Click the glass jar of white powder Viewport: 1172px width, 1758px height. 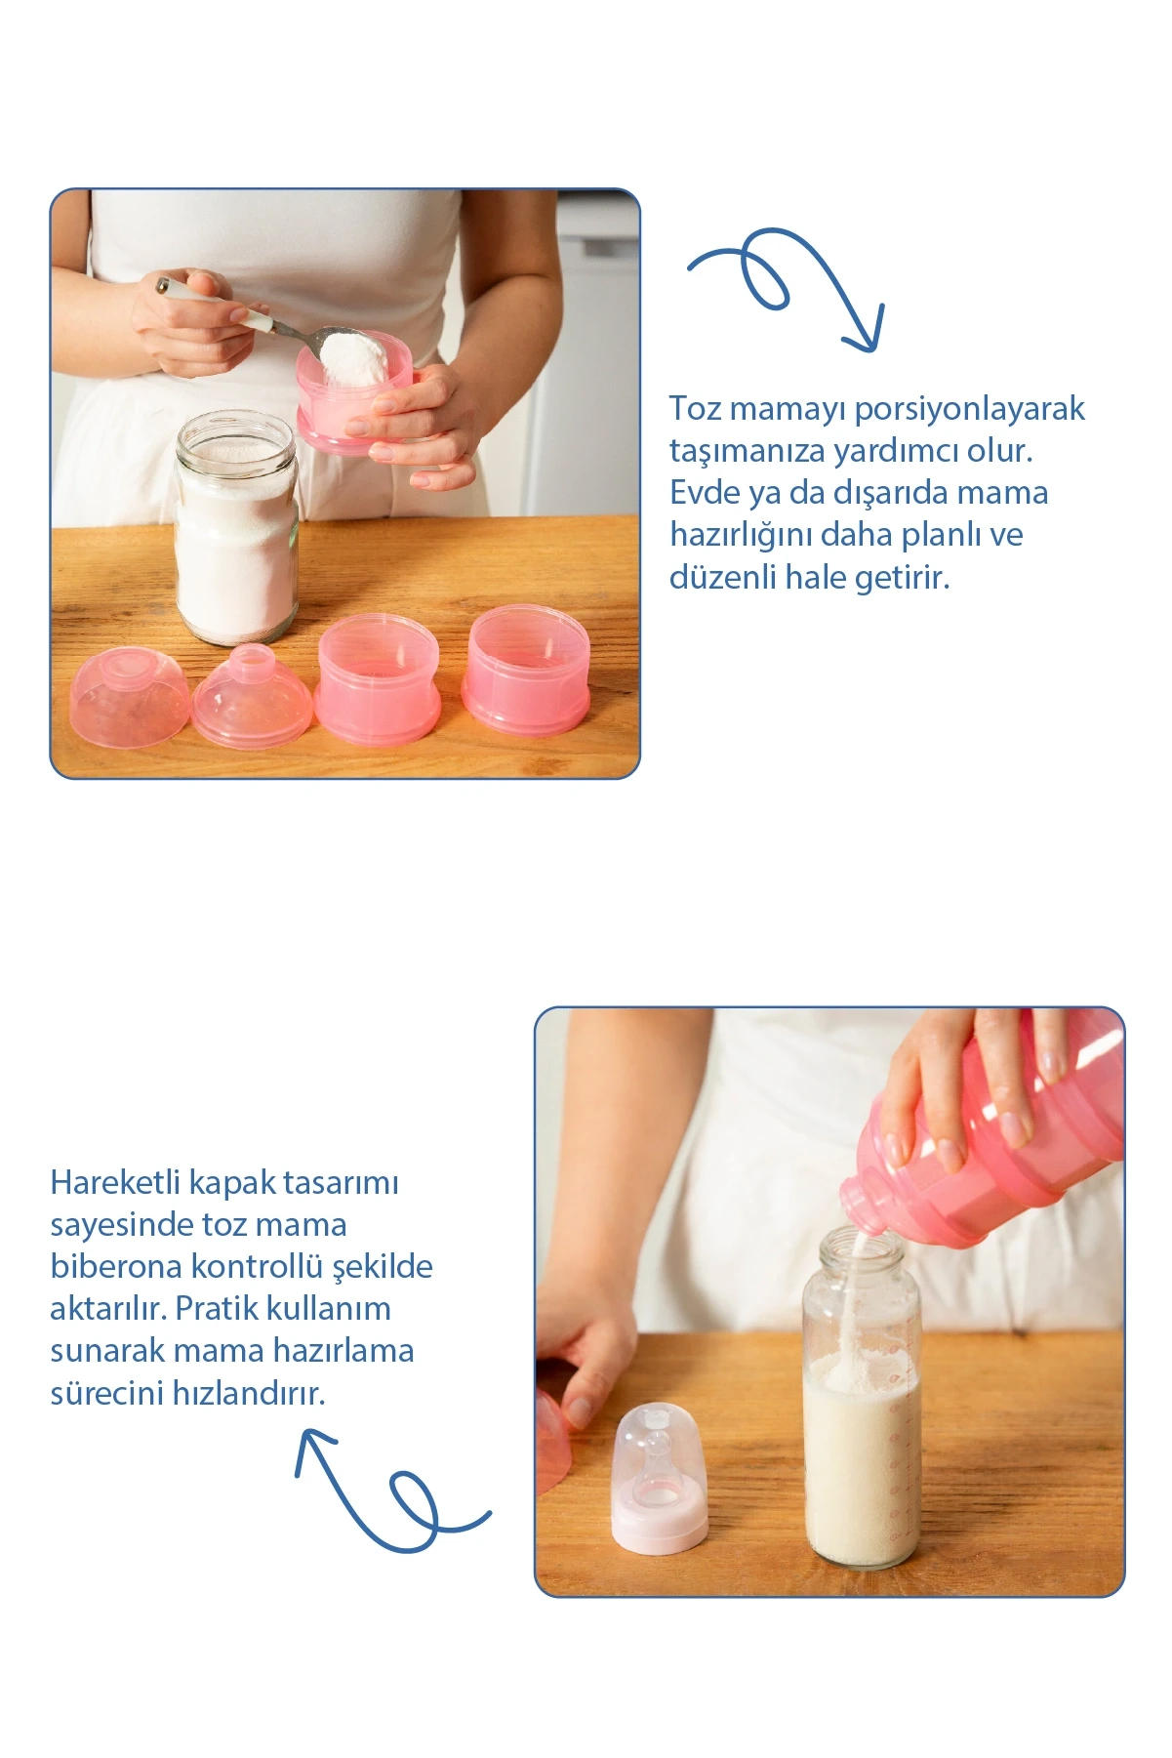click(235, 526)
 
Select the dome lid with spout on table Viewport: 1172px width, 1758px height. click(252, 698)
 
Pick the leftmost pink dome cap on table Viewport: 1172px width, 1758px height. click(130, 699)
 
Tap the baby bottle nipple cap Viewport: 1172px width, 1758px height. click(660, 1476)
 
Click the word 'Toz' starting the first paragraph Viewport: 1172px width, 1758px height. click(696, 408)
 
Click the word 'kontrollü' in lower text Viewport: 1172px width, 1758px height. click(257, 1266)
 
